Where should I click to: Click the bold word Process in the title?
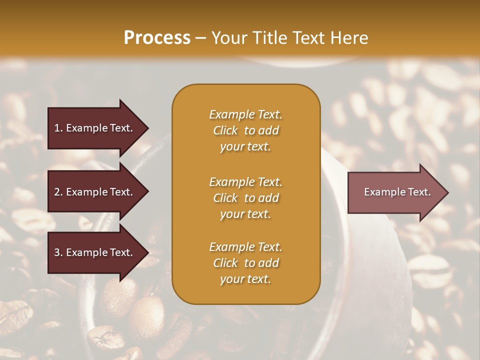tap(157, 38)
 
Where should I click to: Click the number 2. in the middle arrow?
tap(58, 192)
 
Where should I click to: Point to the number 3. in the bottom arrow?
tap(58, 252)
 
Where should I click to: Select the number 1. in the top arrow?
tap(58, 128)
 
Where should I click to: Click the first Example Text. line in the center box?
tap(245, 114)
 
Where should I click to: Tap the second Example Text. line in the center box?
tap(245, 182)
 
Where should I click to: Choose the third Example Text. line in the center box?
tap(245, 247)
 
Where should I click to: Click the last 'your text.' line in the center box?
tap(245, 279)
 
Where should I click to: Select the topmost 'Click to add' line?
tap(245, 130)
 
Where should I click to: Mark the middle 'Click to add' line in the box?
tap(245, 198)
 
